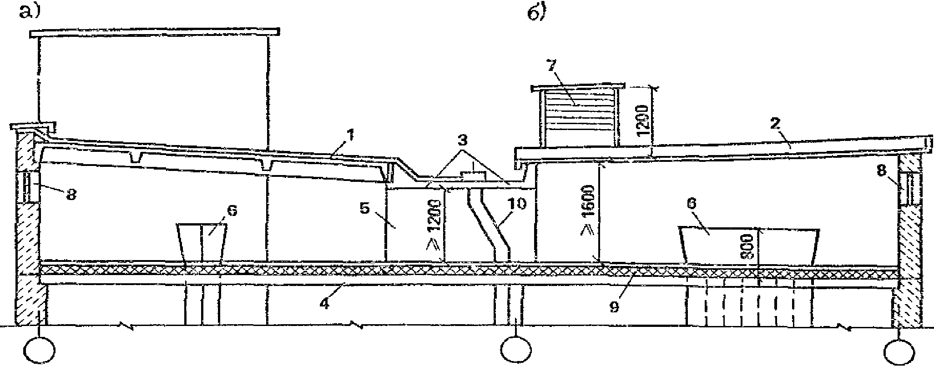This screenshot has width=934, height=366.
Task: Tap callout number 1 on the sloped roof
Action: click(351, 135)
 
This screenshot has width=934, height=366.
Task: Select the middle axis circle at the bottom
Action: click(515, 350)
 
